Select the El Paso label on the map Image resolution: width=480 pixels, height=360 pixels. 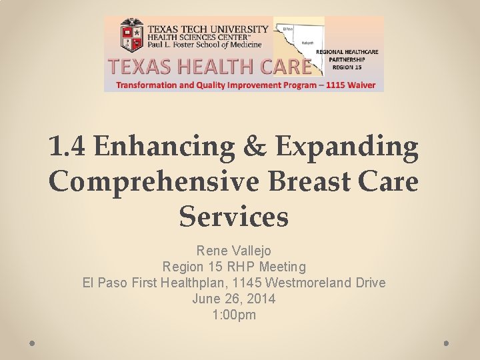[x=289, y=29]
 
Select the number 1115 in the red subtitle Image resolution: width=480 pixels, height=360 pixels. [x=333, y=85]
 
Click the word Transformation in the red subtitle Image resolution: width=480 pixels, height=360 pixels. [x=148, y=85]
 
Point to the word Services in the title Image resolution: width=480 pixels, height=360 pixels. [x=233, y=216]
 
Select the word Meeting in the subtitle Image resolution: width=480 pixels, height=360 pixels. [x=282, y=267]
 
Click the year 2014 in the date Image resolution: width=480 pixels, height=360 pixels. [x=260, y=299]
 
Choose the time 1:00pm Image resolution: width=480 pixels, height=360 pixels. [x=233, y=315]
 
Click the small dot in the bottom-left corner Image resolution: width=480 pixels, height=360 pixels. [x=33, y=343]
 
